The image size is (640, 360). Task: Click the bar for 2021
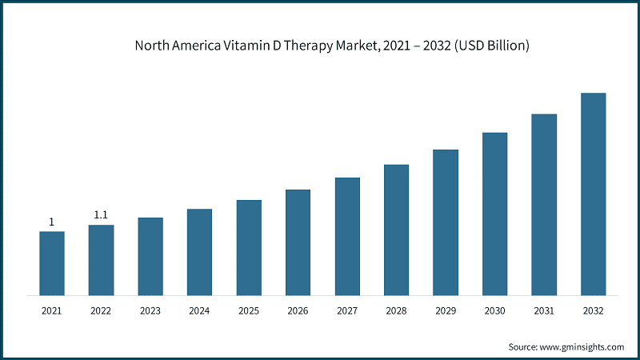(52, 263)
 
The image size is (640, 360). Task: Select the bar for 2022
(101, 260)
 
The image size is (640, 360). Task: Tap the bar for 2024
(199, 252)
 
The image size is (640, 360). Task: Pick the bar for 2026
(298, 242)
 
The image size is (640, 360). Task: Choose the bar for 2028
(396, 230)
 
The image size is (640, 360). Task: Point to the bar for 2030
(494, 214)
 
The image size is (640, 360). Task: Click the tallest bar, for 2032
(593, 194)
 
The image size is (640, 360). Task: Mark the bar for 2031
(544, 205)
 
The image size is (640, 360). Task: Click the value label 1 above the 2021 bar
(52, 222)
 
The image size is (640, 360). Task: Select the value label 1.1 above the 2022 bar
(101, 215)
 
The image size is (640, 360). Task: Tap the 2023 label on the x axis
(150, 310)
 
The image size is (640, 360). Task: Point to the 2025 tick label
(249, 310)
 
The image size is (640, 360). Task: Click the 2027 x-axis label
(347, 310)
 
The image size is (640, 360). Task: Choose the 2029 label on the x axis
(446, 310)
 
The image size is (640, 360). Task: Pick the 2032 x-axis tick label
(593, 310)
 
